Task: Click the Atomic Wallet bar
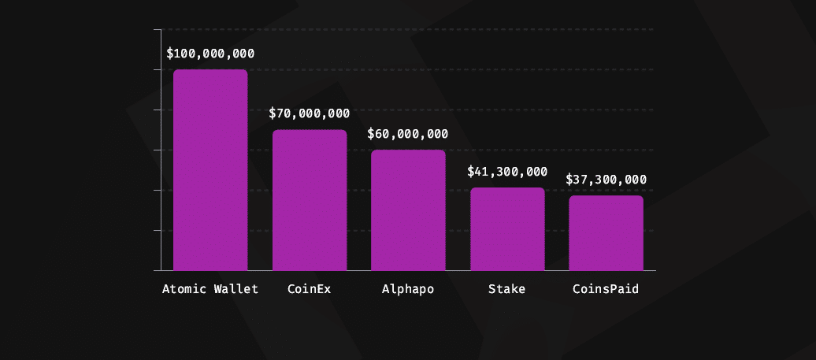tap(210, 169)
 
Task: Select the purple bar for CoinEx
tap(310, 200)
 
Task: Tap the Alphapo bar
tap(408, 210)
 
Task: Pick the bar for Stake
tap(507, 228)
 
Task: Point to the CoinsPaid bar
tap(606, 232)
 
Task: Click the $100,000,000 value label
tap(210, 54)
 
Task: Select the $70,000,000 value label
tap(310, 113)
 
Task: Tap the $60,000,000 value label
tap(408, 134)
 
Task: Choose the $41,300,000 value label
tap(507, 171)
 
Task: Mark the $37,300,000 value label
tap(606, 180)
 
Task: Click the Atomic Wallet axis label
tap(210, 289)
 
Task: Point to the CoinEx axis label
tap(310, 289)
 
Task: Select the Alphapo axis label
tap(408, 289)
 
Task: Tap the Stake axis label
tap(506, 289)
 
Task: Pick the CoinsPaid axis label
tap(606, 289)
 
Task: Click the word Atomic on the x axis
tap(184, 289)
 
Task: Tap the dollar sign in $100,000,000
tap(171, 54)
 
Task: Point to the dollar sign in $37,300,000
tap(570, 180)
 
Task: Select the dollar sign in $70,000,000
tap(273, 113)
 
